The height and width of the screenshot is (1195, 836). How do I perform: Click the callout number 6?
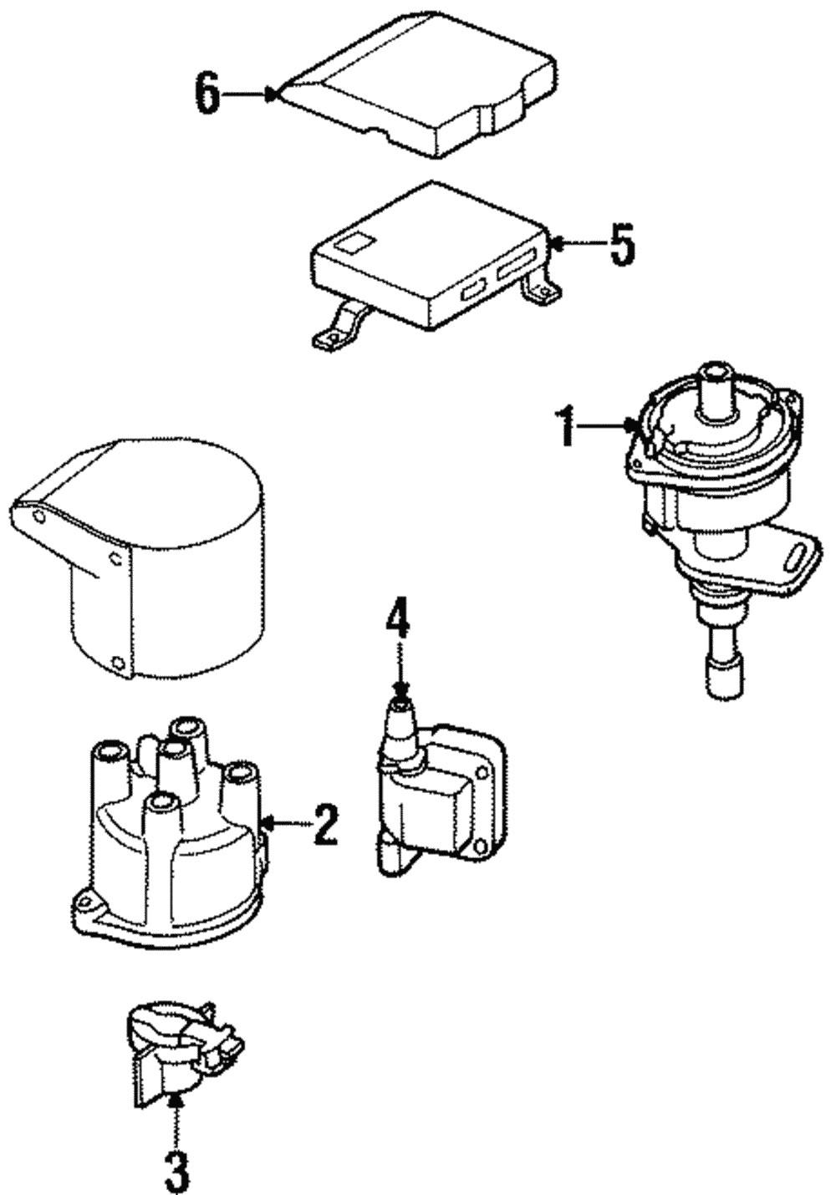click(x=207, y=94)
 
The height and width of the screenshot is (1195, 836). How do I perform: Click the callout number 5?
click(x=620, y=243)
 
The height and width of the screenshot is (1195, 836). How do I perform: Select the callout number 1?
click(x=568, y=425)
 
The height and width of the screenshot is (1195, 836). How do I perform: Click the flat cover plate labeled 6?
click(x=418, y=92)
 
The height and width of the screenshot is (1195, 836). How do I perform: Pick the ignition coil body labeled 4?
click(x=426, y=802)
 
